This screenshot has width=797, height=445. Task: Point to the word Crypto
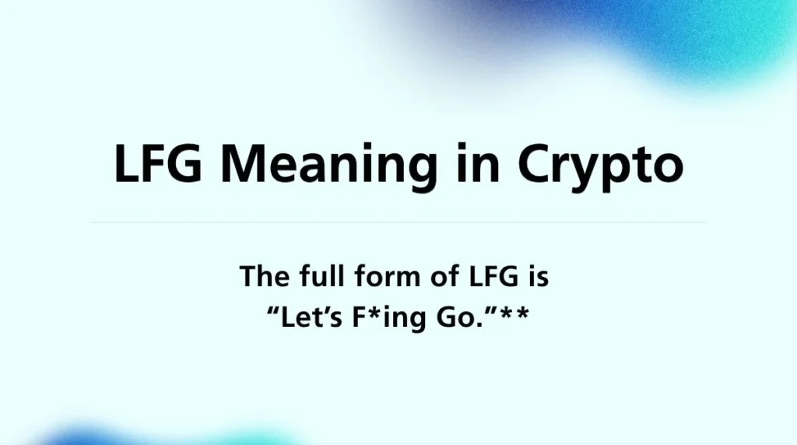pyautogui.click(x=600, y=166)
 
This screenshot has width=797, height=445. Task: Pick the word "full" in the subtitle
pyautogui.click(x=321, y=277)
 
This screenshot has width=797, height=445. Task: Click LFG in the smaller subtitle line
pyautogui.click(x=487, y=277)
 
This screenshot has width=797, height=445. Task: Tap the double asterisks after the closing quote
pyautogui.click(x=514, y=315)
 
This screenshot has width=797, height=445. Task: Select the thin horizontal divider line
pyautogui.click(x=398, y=223)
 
